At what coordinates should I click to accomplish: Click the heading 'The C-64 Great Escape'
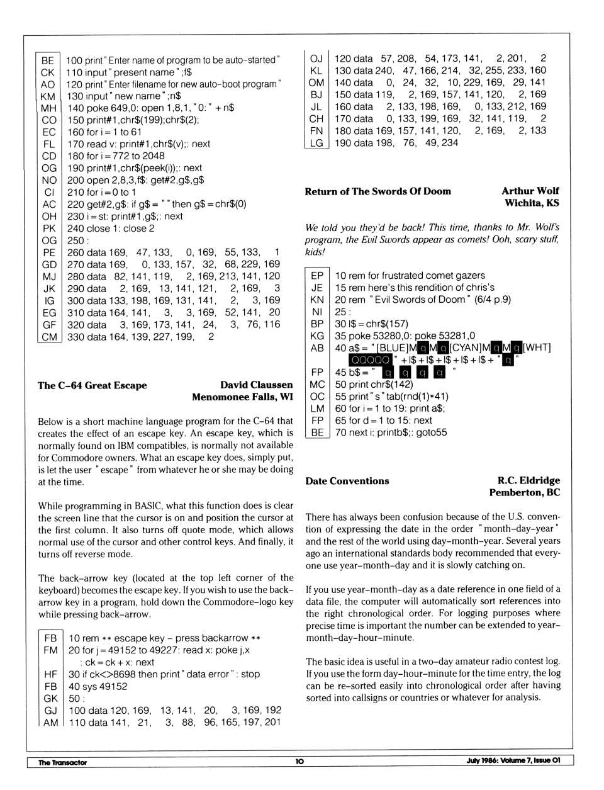point(92,385)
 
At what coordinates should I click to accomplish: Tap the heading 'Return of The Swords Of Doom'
point(377,191)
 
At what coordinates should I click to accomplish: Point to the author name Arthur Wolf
point(530,191)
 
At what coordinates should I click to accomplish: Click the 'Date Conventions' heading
point(347,481)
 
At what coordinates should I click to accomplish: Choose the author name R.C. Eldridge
point(528,480)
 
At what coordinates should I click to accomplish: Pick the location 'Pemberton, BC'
point(524,492)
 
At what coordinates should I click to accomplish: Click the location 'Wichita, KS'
point(532,203)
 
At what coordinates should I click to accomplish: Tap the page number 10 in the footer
point(299,761)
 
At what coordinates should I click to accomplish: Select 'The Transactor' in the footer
point(62,762)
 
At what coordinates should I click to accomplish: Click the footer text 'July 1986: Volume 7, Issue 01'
point(513,760)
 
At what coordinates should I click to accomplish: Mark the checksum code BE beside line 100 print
point(48,60)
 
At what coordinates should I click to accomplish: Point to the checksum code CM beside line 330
point(49,337)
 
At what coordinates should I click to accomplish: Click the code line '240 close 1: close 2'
point(111,229)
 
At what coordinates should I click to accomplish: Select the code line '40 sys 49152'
point(98,686)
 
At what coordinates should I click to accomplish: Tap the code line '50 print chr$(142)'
point(374,384)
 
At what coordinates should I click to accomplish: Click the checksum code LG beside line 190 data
point(316,143)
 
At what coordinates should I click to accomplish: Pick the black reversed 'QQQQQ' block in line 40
point(371,360)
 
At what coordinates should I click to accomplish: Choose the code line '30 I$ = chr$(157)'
point(371,324)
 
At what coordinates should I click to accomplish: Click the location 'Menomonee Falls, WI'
point(242,397)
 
